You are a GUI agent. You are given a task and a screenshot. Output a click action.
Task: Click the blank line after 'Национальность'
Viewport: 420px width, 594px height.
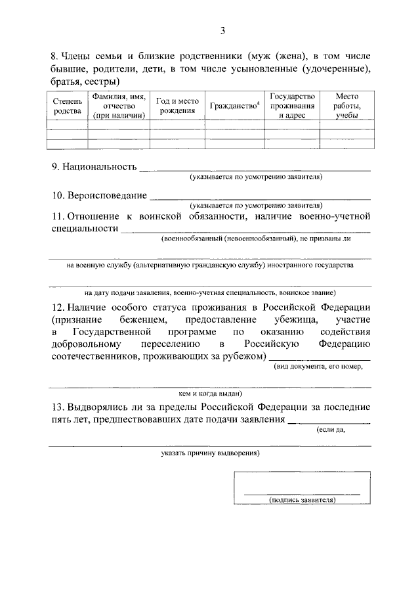(x=255, y=170)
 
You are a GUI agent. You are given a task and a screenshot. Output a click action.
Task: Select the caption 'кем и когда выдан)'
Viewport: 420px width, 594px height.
(x=210, y=394)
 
